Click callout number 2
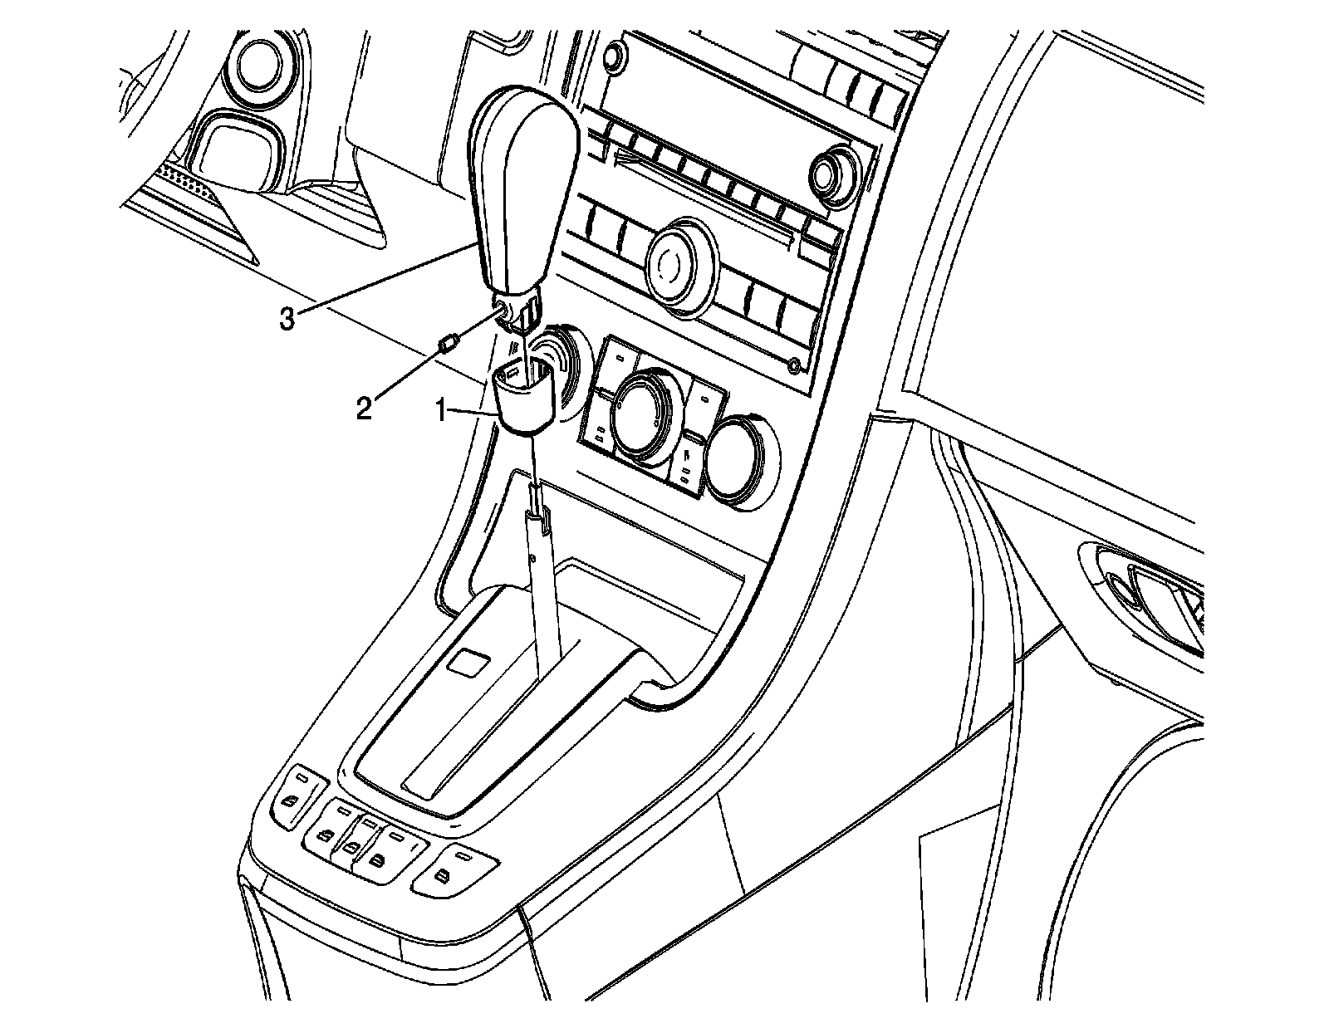[364, 410]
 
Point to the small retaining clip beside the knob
[452, 343]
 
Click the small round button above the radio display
[613, 56]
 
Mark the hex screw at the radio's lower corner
[795, 365]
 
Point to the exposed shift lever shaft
[545, 581]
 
